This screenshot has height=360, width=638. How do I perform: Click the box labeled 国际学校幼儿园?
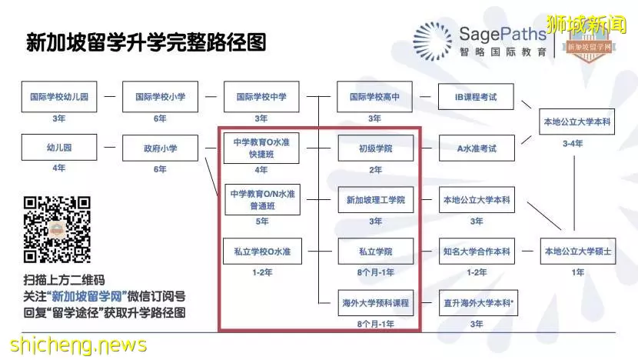59,96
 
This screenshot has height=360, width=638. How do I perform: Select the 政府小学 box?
161,148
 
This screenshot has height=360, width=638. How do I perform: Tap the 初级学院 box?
376,148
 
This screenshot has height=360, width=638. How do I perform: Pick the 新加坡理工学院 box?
376,200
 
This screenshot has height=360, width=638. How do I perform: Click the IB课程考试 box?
476,96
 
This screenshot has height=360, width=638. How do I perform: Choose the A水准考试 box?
477,148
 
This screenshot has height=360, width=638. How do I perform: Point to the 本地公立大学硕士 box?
578,252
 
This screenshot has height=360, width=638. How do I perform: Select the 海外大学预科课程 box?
376,303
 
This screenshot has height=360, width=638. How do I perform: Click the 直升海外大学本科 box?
478,303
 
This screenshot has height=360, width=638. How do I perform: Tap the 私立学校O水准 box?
262,252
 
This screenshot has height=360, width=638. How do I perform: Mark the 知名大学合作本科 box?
477,252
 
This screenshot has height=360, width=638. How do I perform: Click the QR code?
57,230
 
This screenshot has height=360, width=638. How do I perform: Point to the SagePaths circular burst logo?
432,42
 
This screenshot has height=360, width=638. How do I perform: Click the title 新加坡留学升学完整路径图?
146,42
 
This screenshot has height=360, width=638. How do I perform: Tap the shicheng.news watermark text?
78,345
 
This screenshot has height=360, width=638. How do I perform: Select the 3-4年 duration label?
573,143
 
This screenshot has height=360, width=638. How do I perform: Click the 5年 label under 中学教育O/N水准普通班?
262,221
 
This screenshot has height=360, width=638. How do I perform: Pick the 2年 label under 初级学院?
375,170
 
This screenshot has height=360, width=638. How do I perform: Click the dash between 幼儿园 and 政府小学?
110,147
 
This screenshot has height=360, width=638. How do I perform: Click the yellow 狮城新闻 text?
586,24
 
